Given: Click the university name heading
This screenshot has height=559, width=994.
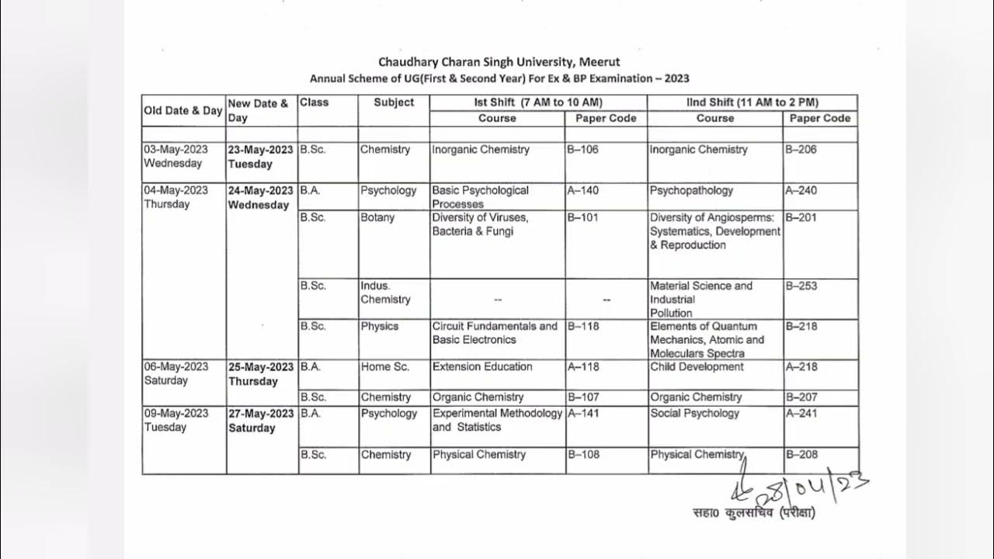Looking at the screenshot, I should pos(499,61).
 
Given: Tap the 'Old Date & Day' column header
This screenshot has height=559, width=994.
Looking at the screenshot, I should pos(183,110).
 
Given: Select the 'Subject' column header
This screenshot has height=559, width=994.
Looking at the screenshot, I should pos(394,102).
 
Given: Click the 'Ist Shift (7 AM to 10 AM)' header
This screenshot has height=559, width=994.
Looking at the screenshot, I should pos(538,102).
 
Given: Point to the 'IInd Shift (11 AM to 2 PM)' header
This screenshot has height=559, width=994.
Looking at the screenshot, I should pos(752,102).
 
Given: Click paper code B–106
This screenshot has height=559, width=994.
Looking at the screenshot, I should pos(583,150).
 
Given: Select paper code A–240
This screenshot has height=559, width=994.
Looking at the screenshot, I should pos(801,190).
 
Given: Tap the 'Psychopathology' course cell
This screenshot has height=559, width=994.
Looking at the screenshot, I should pos(691,190).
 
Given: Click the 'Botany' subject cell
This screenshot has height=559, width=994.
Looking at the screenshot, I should pos(377,217).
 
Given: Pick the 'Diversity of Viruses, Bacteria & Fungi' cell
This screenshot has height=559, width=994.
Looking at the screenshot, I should pos(480,224).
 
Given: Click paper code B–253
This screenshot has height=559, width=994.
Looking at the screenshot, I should pos(801,286).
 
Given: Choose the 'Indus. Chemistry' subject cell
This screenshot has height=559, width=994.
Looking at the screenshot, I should pos(385,293).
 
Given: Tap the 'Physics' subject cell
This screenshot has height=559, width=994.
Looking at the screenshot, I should pos(379,326).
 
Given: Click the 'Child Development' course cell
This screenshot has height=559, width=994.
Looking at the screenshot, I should pos(697,366).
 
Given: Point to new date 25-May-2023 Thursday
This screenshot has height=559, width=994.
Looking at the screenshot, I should pos(261,374).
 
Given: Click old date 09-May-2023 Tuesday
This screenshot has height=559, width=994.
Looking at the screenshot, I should pos(176,420).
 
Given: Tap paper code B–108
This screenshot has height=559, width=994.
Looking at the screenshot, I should pos(584,454).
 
